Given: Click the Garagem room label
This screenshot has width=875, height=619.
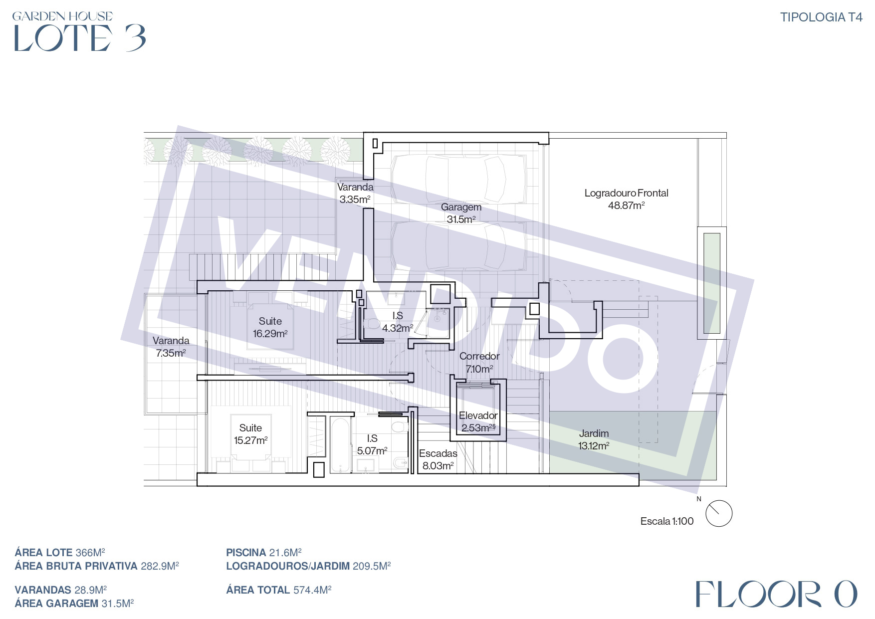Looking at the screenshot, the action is pos(461,207).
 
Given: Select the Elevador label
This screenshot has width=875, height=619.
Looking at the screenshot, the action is pos(478,415).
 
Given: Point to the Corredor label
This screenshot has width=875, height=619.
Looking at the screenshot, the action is pos(479,356).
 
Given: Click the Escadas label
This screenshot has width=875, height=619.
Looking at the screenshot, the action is pos(438,453).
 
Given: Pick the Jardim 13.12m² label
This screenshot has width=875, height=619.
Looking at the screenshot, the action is pos(594,439).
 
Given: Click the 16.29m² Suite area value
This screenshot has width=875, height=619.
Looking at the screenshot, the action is pos(270,334).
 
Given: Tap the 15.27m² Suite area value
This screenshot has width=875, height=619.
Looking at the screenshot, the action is pos(250,440).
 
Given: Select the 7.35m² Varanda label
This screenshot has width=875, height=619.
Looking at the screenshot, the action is pos(171,347).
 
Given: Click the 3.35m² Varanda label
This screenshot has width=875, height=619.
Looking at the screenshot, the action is pos(355,193).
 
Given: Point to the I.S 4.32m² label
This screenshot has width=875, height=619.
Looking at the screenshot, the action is pos(398,322).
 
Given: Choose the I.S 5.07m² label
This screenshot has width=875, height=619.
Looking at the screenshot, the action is pos(372,444).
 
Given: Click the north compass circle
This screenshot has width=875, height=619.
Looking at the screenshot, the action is pos(719,514).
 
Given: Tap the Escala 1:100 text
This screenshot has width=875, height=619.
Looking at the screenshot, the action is pos(667,521).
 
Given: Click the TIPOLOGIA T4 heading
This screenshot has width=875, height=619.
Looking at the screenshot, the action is pos(821,17).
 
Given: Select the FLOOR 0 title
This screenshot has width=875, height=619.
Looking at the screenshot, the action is pos(776,594).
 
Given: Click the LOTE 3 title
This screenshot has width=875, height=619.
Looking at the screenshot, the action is pos(80,38).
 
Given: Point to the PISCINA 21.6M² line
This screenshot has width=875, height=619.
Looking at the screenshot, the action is pos(264,553).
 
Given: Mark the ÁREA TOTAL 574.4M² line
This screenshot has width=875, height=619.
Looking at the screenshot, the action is pos(279,590).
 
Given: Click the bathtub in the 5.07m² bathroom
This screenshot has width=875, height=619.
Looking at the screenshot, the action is pos(340,445).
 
